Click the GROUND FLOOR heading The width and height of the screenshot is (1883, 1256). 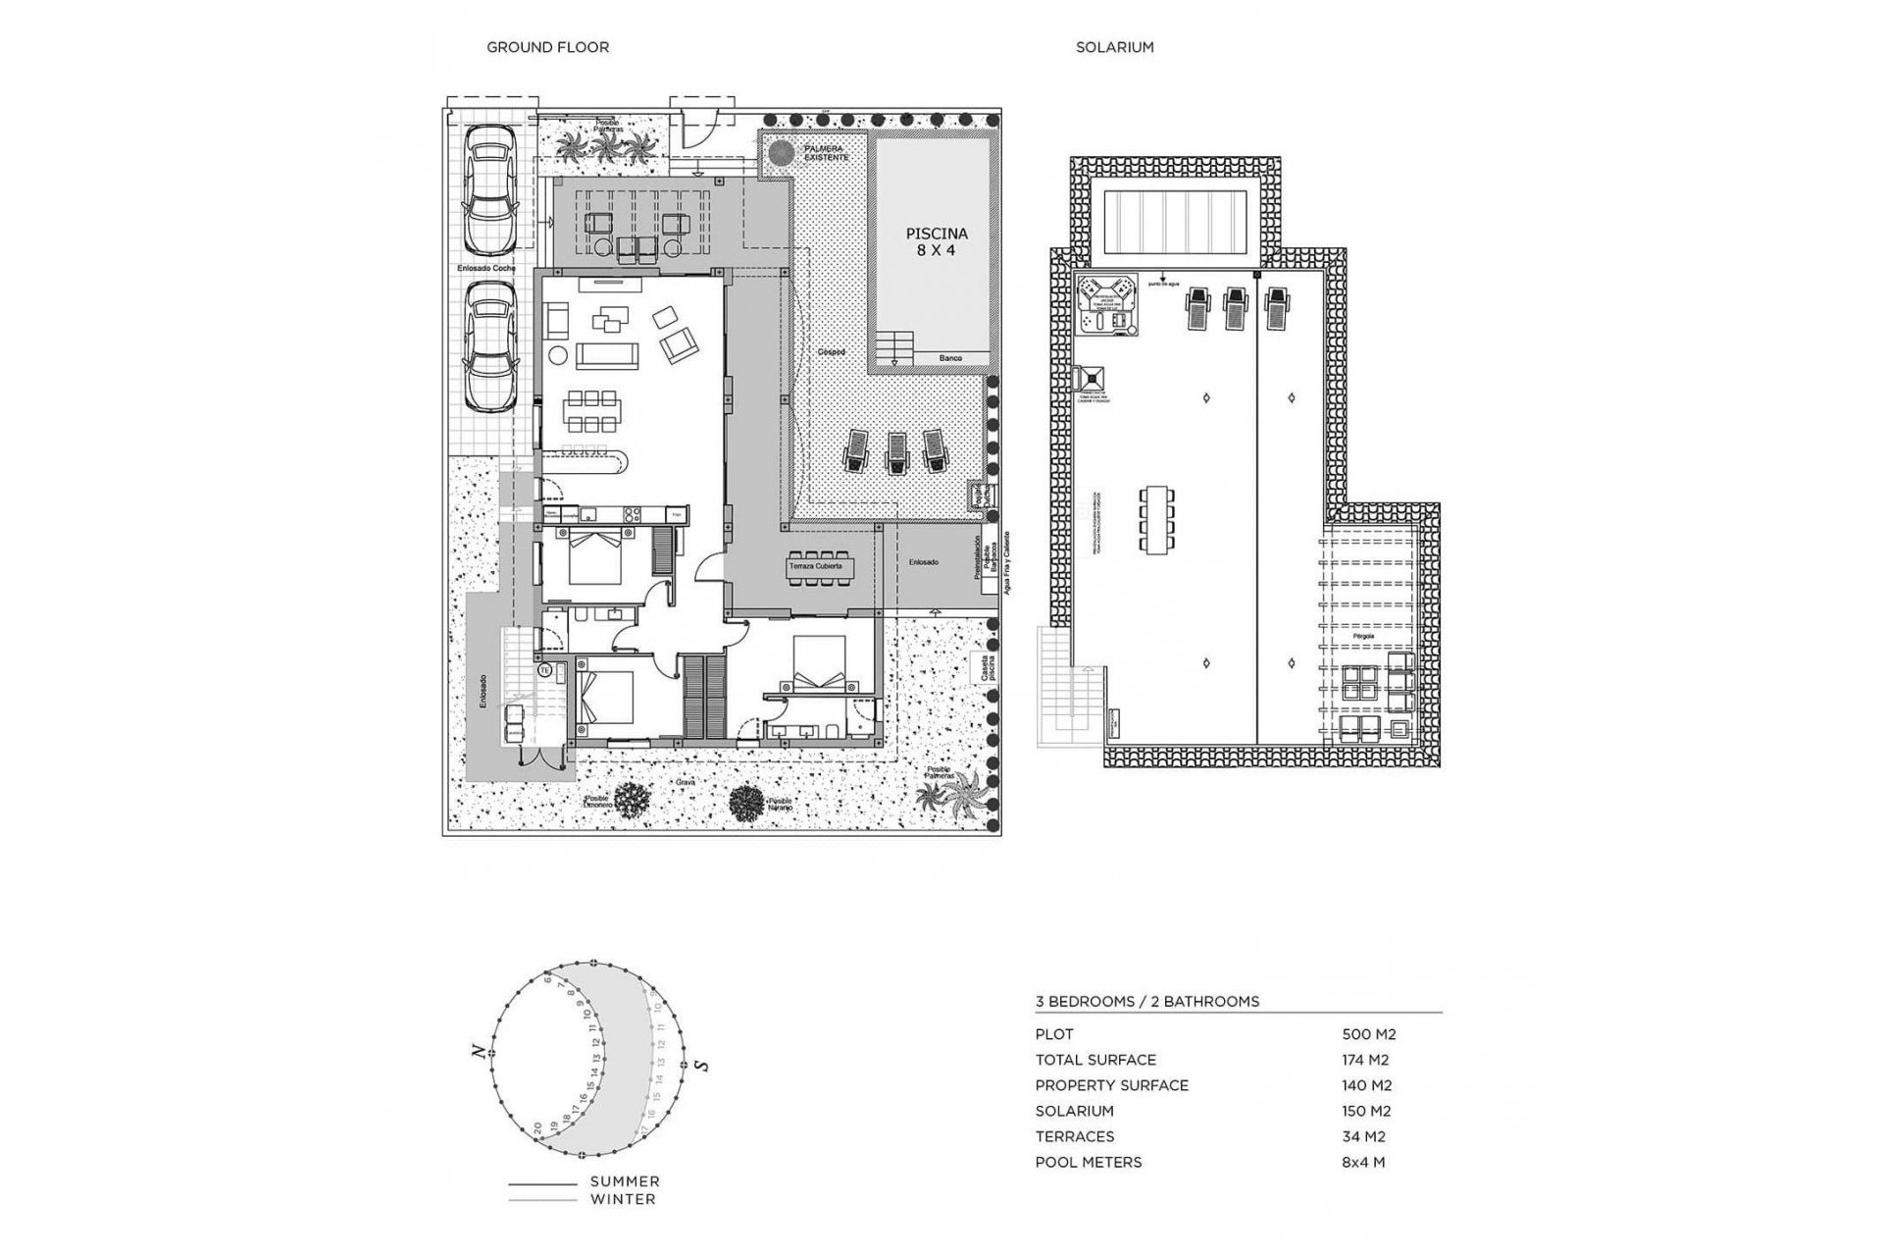click(547, 47)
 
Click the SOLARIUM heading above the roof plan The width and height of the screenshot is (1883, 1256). click(1114, 47)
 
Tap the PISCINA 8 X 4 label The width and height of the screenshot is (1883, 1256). click(936, 241)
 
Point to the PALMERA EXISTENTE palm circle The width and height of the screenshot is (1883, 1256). click(781, 154)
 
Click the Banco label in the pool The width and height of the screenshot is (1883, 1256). click(950, 359)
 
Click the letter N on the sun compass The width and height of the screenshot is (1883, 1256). click(479, 1052)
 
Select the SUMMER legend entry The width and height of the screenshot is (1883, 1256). click(624, 1181)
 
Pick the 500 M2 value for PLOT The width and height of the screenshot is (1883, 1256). click(1368, 1034)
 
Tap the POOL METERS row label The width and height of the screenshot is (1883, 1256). click(1089, 1162)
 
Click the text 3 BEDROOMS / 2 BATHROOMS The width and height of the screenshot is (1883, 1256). click(1147, 1002)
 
